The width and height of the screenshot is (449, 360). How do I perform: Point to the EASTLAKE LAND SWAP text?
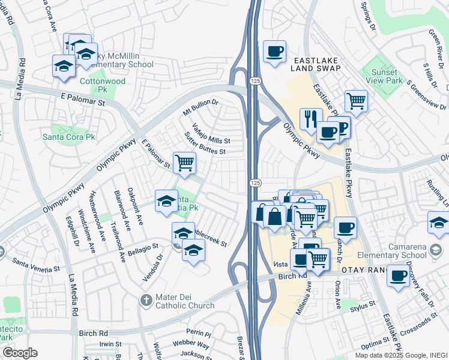coord(316,64)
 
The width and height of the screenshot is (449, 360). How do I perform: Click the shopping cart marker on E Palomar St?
coord(184,163)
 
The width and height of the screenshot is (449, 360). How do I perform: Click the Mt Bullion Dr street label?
coord(200,109)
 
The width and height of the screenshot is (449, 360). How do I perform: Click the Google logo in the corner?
coord(19,353)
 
